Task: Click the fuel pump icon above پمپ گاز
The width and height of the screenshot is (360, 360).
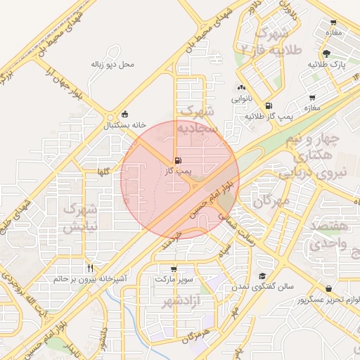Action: pyautogui.click(x=175, y=160)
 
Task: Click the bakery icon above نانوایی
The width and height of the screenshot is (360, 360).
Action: pyautogui.click(x=241, y=88)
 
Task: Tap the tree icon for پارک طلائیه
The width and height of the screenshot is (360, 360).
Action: pyautogui.click(x=326, y=53)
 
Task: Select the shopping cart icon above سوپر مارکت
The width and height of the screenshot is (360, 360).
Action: pyautogui.click(x=174, y=269)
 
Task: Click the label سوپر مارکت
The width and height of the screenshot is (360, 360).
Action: pyautogui.click(x=174, y=280)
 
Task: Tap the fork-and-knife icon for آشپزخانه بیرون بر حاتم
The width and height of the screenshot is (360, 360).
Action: pyautogui.click(x=90, y=268)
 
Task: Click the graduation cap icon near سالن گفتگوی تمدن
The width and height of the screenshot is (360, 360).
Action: pyautogui.click(x=262, y=276)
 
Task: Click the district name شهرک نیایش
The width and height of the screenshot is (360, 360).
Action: pyautogui.click(x=79, y=218)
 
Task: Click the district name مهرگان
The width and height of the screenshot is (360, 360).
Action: pyautogui.click(x=271, y=202)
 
